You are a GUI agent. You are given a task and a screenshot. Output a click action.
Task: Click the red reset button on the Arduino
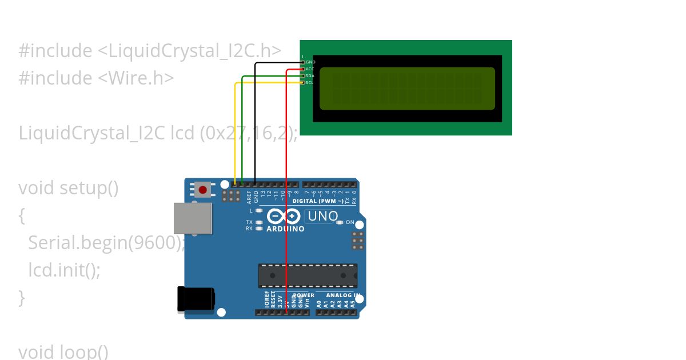[202, 189]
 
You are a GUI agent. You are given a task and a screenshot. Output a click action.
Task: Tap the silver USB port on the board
[193, 218]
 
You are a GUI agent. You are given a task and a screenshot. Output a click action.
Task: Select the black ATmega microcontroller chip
[308, 275]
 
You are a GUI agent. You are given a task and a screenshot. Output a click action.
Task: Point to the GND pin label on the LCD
[310, 62]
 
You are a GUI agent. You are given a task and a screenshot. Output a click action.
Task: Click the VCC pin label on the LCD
[310, 69]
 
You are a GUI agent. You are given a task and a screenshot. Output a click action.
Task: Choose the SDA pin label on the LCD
[310, 75]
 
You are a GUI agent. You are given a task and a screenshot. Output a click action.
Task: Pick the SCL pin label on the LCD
[309, 82]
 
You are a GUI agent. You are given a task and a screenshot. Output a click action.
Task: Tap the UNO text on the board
[322, 216]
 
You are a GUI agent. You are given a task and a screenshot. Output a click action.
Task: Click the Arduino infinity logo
[283, 217]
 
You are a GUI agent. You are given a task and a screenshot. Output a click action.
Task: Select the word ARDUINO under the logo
[285, 229]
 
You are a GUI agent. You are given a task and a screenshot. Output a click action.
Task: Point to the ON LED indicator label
[350, 222]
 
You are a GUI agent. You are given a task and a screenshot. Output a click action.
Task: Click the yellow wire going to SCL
[235, 131]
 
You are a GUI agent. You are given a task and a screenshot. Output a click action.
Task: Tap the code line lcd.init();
[64, 269]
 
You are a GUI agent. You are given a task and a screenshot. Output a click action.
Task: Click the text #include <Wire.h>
[96, 78]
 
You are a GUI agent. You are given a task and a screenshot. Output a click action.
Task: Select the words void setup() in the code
[69, 187]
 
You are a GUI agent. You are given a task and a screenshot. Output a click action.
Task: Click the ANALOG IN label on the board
[343, 295]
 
